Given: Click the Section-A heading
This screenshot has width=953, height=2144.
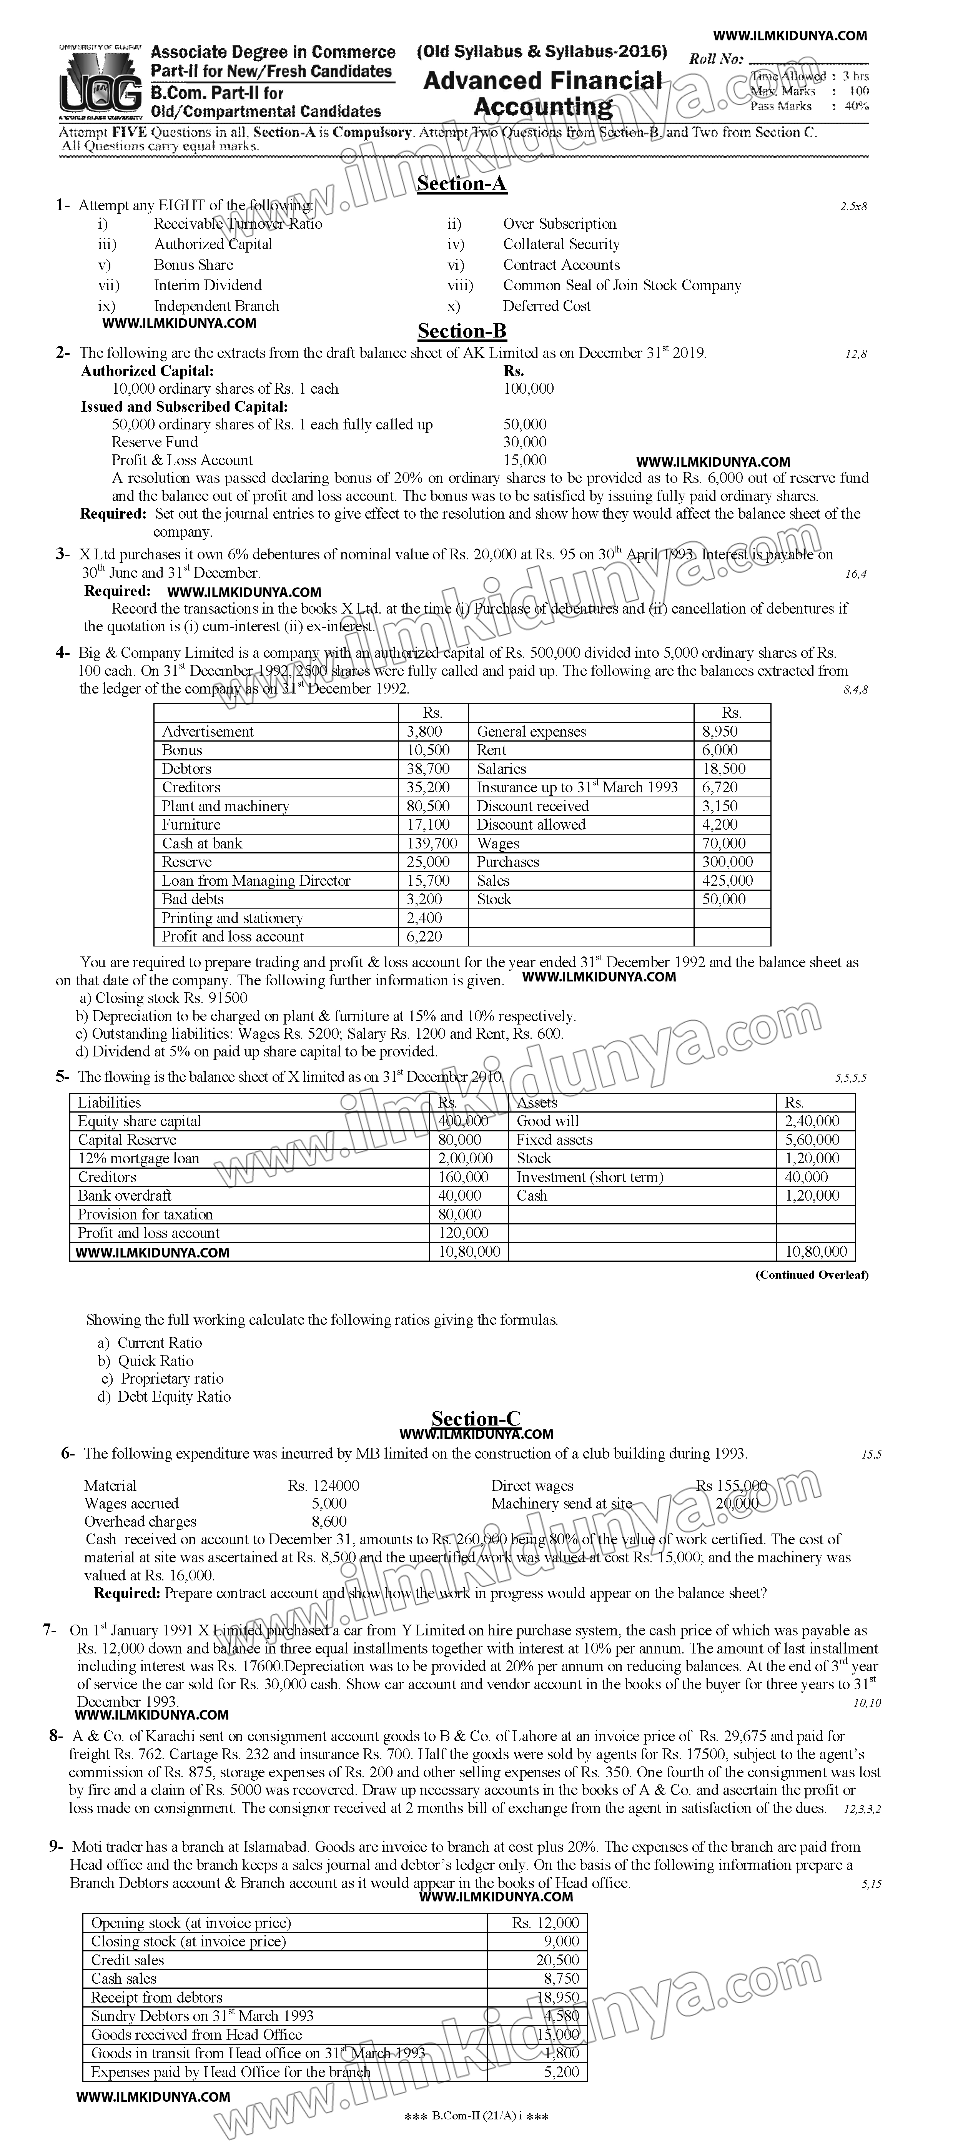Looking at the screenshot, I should (462, 184).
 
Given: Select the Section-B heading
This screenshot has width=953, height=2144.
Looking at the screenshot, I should (462, 331).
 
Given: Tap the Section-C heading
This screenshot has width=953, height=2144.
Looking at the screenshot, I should (476, 1419).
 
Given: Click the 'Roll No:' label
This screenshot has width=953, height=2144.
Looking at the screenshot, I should (716, 59).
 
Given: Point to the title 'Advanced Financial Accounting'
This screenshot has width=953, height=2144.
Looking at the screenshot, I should (543, 93).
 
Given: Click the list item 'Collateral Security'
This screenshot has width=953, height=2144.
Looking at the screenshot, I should (561, 244).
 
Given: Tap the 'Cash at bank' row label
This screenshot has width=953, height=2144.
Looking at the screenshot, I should (202, 843).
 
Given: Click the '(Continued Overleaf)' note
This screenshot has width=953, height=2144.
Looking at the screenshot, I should (812, 1274).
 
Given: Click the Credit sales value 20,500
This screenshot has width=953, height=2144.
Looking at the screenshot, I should (558, 1960).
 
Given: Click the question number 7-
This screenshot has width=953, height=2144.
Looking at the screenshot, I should (50, 1630).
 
